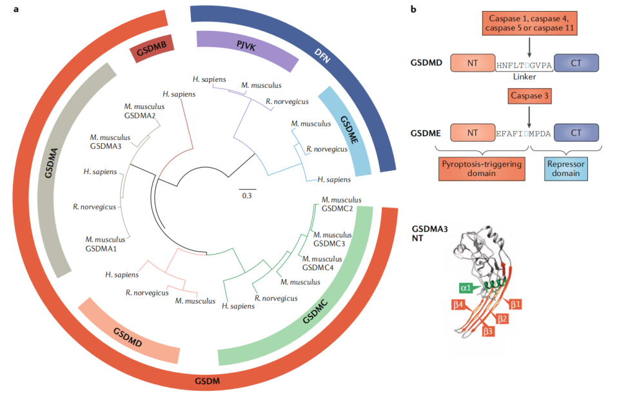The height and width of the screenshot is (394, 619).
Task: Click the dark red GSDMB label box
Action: [150, 49]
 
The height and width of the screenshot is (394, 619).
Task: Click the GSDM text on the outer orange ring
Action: [208, 381]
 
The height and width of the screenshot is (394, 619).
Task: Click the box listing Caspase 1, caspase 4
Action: [528, 23]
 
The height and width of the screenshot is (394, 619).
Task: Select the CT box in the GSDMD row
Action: [576, 63]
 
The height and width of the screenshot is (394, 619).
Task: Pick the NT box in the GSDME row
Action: [472, 133]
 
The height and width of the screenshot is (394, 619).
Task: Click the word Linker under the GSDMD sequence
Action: [526, 76]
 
